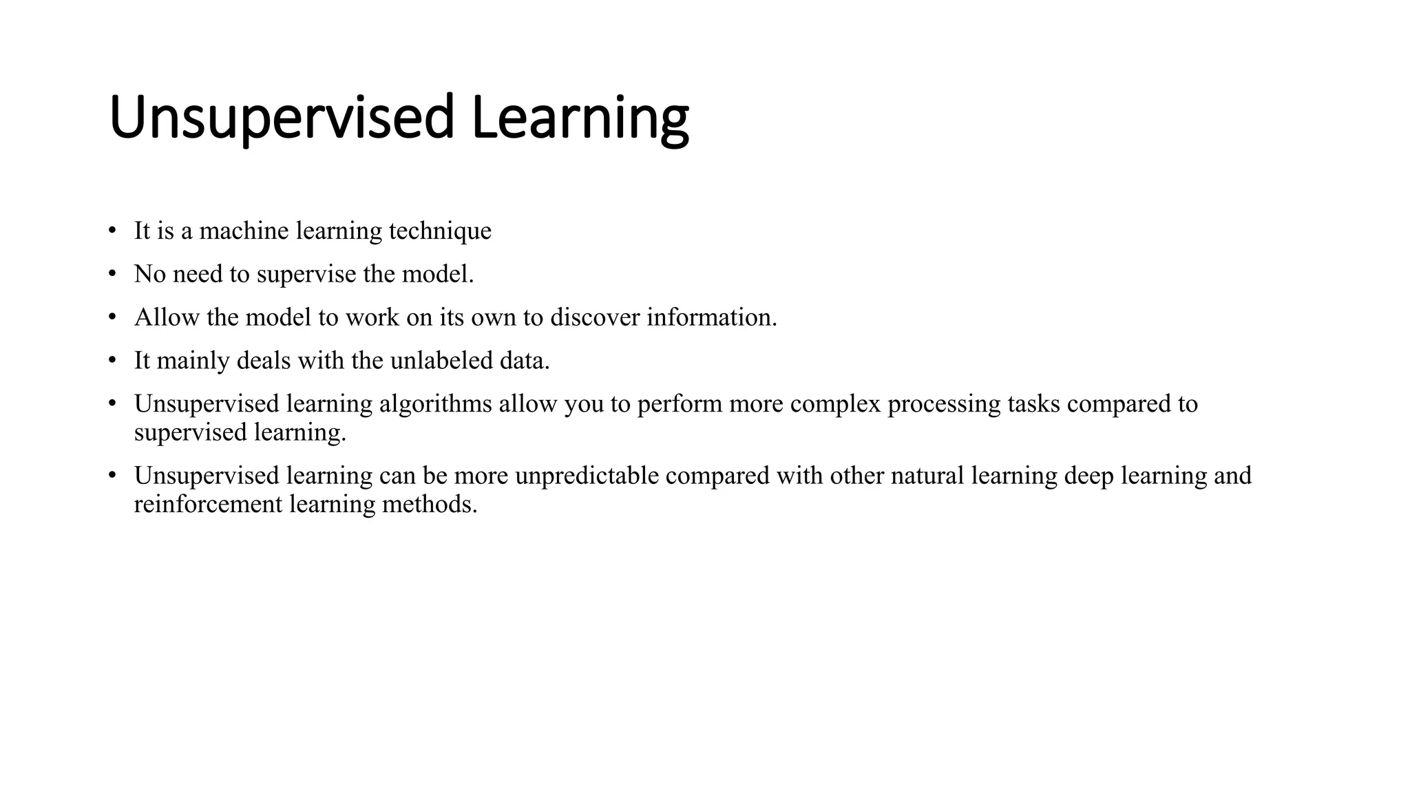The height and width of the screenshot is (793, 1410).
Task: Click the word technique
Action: point(440,231)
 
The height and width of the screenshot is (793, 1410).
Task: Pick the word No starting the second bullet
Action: point(149,274)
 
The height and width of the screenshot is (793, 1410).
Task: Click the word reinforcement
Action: point(208,505)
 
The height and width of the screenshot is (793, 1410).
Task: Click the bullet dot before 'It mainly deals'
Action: point(112,361)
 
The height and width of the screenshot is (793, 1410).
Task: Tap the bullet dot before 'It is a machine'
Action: point(112,231)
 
